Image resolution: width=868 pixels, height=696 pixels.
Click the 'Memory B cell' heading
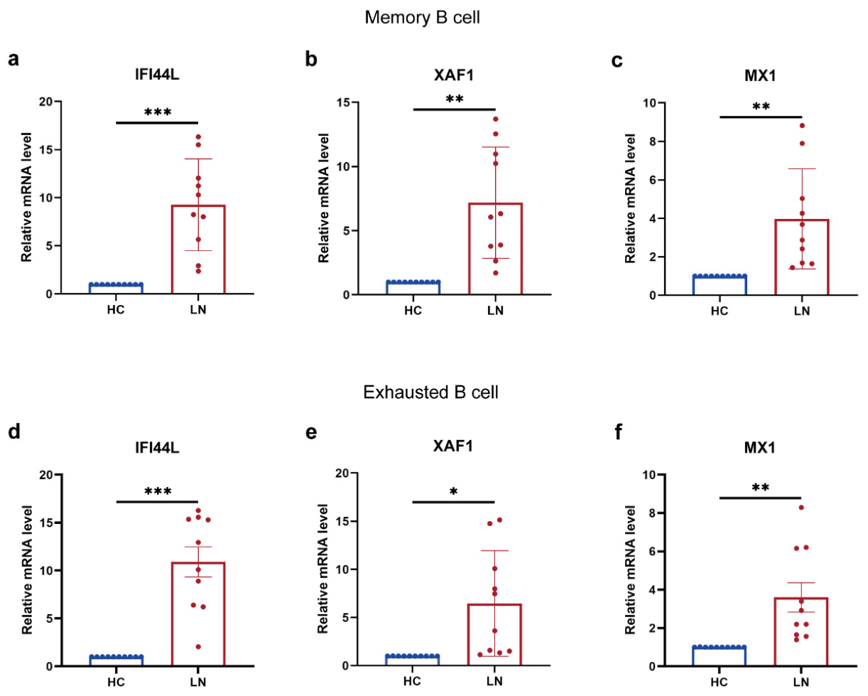tap(422, 17)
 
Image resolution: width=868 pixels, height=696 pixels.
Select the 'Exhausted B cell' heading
tap(430, 392)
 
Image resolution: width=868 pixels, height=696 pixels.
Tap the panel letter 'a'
tap(13, 59)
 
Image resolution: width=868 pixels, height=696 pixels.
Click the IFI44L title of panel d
tap(157, 447)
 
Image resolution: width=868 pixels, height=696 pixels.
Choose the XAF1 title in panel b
tap(454, 75)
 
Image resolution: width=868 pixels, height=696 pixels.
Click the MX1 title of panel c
tap(760, 75)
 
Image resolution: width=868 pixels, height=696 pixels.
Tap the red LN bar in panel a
tap(198, 249)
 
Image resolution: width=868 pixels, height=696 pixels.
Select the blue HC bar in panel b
tap(413, 287)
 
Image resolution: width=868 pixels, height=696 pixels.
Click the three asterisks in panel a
tap(158, 112)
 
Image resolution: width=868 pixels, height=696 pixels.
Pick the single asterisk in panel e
tap(453, 491)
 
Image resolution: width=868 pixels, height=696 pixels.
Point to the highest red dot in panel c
tap(802, 126)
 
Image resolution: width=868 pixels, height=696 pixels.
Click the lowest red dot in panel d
tap(198, 647)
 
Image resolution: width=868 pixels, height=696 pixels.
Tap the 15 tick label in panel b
tap(343, 102)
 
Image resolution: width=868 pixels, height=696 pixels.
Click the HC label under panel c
tap(719, 311)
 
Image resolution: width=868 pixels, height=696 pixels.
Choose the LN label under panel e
tap(494, 681)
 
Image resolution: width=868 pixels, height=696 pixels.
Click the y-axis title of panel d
tap(26, 569)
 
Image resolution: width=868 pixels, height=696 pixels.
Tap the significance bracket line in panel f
tap(760, 498)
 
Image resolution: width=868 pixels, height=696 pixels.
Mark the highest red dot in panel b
tap(495, 119)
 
